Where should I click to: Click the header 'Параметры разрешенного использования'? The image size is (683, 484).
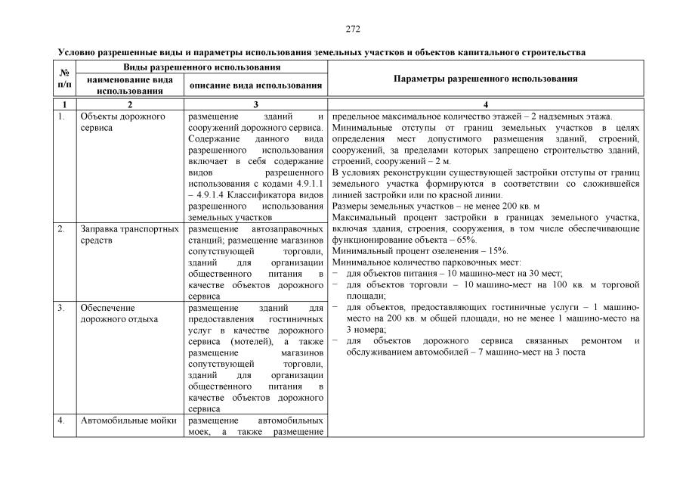point(487,79)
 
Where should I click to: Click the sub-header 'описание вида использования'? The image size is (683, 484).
point(256,85)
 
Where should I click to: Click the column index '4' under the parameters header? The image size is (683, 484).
point(486,105)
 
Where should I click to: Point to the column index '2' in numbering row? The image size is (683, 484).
point(130,105)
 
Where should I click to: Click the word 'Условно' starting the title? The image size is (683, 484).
point(76,53)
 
